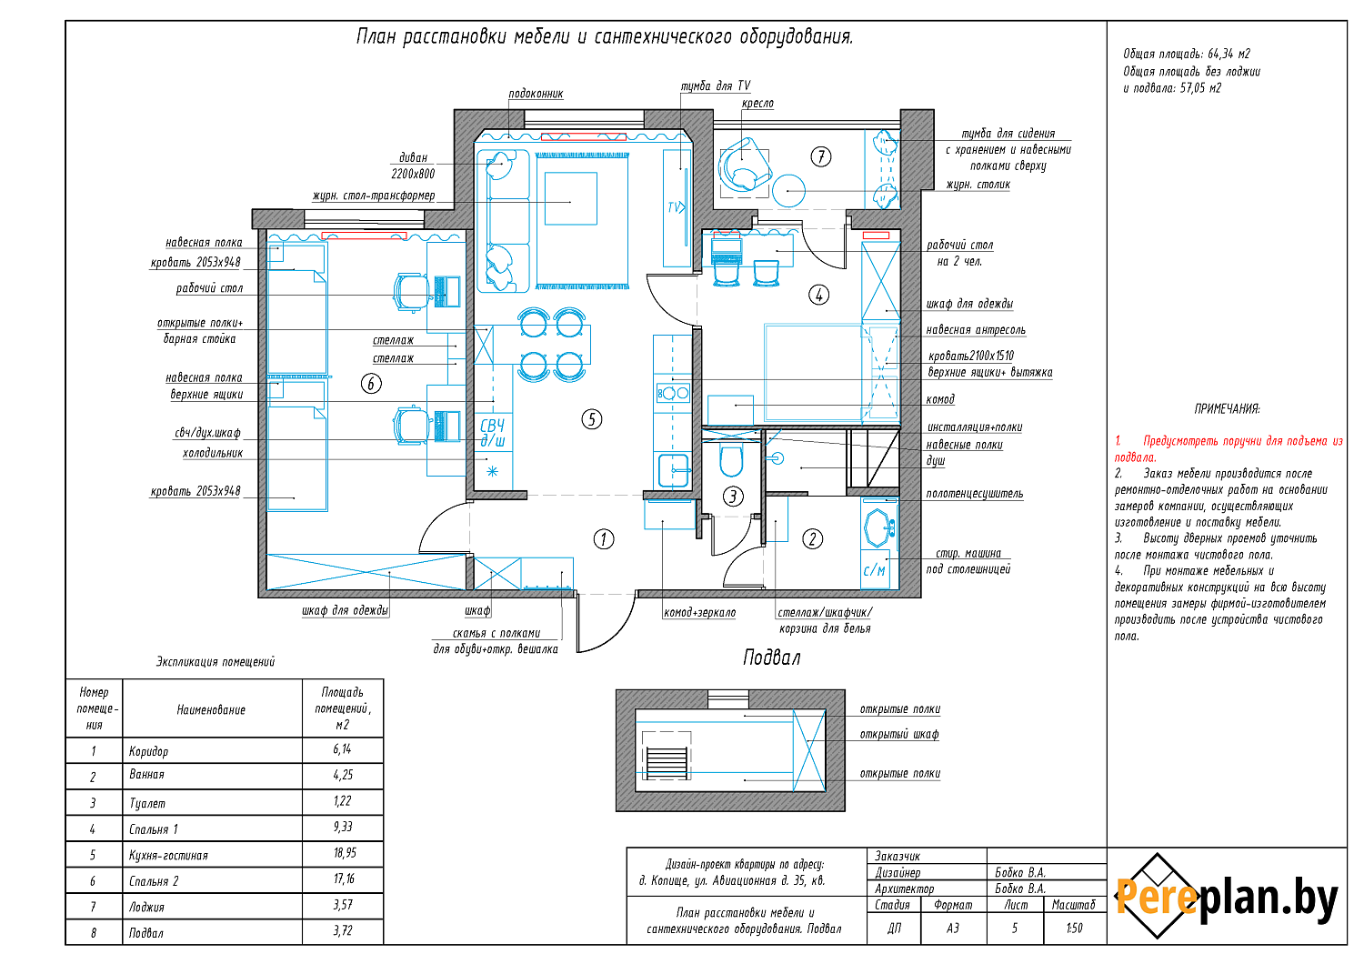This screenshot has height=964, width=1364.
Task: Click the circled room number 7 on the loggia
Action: tap(821, 157)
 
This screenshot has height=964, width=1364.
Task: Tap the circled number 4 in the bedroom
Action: tap(818, 296)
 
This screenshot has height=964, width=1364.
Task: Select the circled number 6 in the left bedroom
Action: tap(371, 384)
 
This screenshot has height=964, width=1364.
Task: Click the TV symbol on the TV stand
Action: tap(676, 207)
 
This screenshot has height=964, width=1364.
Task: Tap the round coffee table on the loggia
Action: tap(788, 190)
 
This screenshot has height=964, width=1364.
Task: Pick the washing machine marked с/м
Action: tap(875, 569)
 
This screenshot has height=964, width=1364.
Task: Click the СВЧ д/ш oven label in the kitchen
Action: tap(493, 433)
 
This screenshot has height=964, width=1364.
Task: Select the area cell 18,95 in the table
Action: tap(345, 853)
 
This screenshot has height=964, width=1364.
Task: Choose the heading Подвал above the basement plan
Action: tap(771, 658)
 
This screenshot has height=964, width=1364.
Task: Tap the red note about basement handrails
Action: tap(1229, 449)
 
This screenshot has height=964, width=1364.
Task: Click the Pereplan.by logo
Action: tap(1227, 896)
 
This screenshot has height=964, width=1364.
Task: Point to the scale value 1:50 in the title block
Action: tap(1074, 928)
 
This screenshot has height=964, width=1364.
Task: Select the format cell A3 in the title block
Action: tap(953, 928)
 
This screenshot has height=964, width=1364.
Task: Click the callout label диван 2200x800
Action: tap(413, 166)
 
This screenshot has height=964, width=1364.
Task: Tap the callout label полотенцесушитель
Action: tap(974, 493)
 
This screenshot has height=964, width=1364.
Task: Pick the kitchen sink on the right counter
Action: tap(674, 470)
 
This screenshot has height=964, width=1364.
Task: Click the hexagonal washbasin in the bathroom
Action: tap(878, 527)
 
